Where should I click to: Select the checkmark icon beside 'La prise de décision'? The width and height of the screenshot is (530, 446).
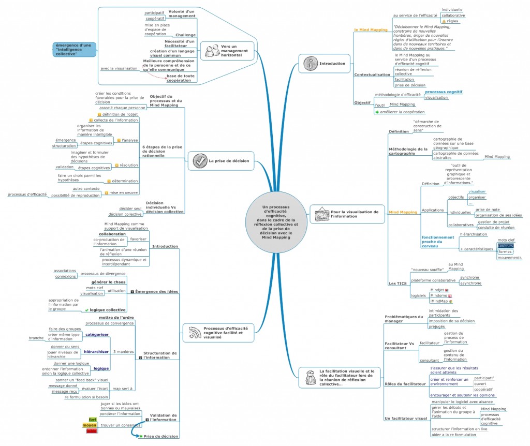pyautogui.click(x=200, y=161)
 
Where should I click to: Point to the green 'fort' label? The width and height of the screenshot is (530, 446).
pyautogui.click(x=93, y=419)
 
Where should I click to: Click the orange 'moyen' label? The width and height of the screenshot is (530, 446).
pyautogui.click(x=90, y=425)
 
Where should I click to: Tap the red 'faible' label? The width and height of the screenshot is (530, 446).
pyautogui.click(x=92, y=430)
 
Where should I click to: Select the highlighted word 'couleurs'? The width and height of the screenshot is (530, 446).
pyautogui.click(x=506, y=246)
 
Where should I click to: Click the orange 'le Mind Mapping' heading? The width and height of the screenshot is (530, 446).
pyautogui.click(x=371, y=30)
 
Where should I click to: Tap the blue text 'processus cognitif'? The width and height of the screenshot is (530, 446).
pyautogui.click(x=444, y=92)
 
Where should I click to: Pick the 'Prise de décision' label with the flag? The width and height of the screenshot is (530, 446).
pyautogui.click(x=161, y=436)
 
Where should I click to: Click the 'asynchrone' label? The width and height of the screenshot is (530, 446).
pyautogui.click(x=470, y=283)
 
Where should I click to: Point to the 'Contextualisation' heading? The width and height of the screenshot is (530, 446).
pyautogui.click(x=372, y=75)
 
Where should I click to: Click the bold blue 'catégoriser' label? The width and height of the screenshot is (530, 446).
pyautogui.click(x=97, y=335)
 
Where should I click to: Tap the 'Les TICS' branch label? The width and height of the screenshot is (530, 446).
pyautogui.click(x=398, y=283)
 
